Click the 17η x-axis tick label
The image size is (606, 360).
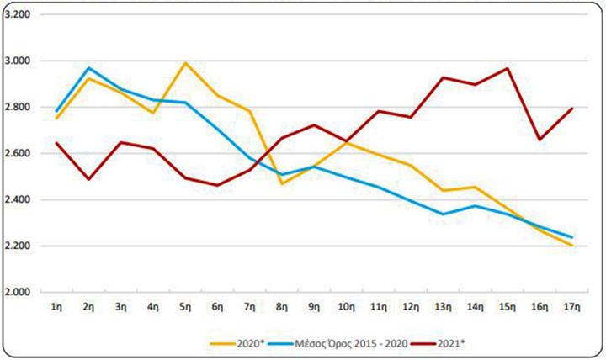coord(572,308)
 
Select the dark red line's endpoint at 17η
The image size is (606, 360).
coord(572,109)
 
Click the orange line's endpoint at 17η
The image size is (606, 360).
coord(572,245)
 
